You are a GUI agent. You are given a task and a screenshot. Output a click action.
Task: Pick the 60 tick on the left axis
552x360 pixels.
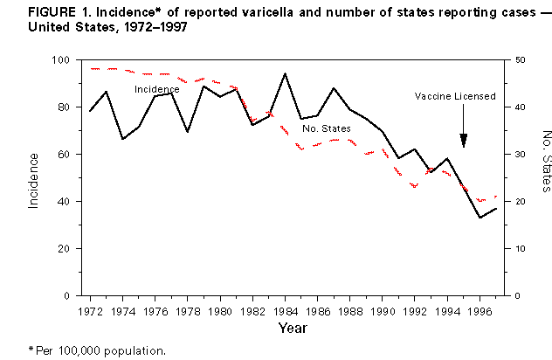[x=66, y=155]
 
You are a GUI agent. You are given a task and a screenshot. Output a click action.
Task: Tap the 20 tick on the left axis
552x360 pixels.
[x=66, y=249]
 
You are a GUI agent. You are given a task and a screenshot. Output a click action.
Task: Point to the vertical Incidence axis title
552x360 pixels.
[x=33, y=179]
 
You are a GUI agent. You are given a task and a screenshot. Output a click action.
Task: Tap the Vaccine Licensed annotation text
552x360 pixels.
[x=456, y=96]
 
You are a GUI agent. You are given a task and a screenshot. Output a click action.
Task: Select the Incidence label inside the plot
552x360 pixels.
[x=156, y=89]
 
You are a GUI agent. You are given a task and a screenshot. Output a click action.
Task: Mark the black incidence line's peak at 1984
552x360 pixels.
[x=286, y=73]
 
